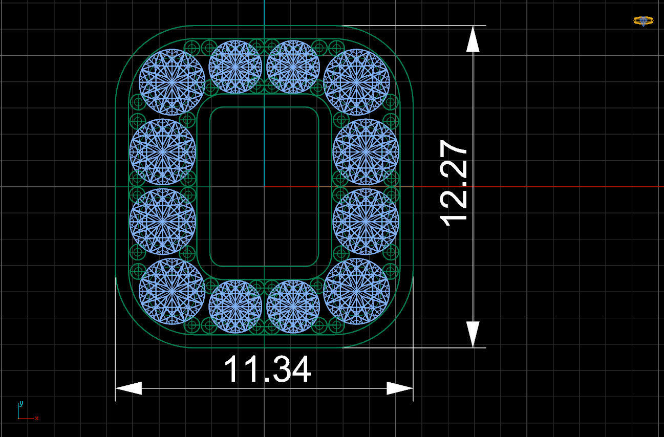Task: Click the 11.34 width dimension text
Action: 267,369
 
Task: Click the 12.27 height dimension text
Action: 454,183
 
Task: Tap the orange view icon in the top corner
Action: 643,21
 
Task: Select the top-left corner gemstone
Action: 172,82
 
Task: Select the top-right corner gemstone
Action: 356,82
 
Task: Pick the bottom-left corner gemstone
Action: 172,291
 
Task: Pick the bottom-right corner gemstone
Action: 356,291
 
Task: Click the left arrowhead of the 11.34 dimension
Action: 128,388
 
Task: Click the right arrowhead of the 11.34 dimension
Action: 400,388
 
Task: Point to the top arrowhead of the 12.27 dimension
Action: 473,39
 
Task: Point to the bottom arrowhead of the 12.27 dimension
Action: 473,334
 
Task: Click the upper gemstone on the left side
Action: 162,151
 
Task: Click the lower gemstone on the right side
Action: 366,222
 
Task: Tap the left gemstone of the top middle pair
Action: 235,67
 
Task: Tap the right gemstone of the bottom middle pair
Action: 293,306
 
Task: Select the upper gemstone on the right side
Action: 366,151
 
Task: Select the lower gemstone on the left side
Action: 162,222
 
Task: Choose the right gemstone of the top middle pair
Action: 293,67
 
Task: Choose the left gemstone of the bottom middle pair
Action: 235,306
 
